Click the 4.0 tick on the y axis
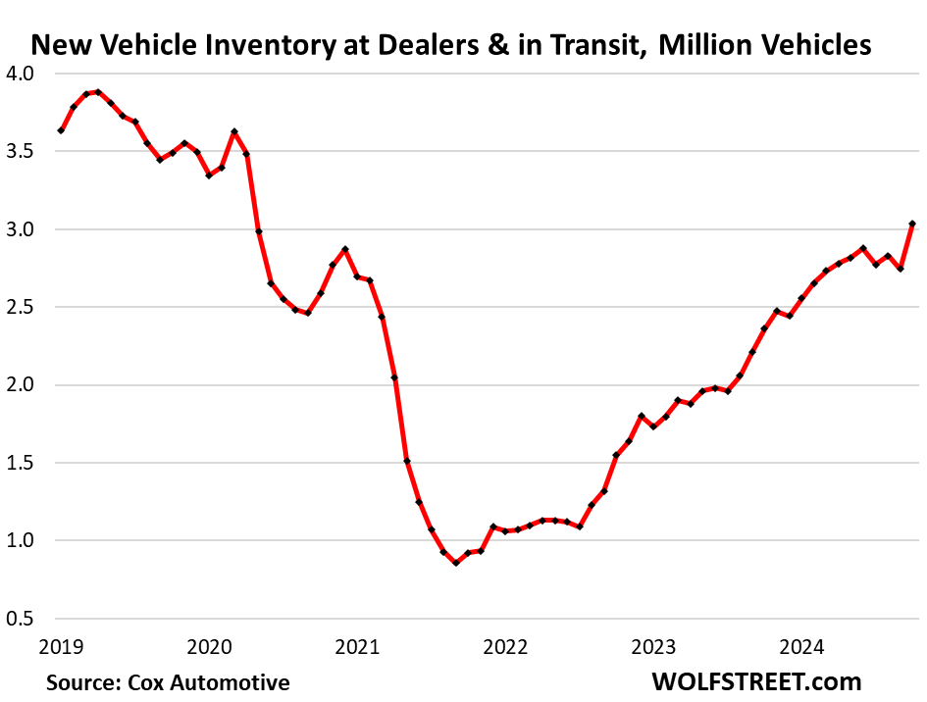pos(21,75)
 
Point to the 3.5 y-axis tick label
pos(21,152)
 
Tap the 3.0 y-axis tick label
pos(21,229)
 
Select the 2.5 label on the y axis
pos(21,307)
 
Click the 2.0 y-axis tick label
pos(21,385)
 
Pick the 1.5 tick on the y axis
pos(21,463)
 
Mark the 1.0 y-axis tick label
pos(21,540)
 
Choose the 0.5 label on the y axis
pos(21,619)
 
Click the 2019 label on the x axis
pos(60,647)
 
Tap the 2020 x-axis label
pos(208,647)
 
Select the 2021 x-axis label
pos(356,647)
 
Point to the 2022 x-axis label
pos(504,647)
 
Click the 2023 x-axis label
pos(652,647)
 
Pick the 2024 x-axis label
pos(800,647)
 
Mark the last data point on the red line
pos(912,225)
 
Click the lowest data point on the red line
pos(456,563)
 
